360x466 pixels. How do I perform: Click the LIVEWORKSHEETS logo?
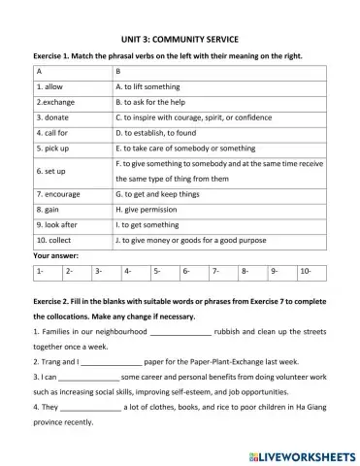(298, 453)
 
